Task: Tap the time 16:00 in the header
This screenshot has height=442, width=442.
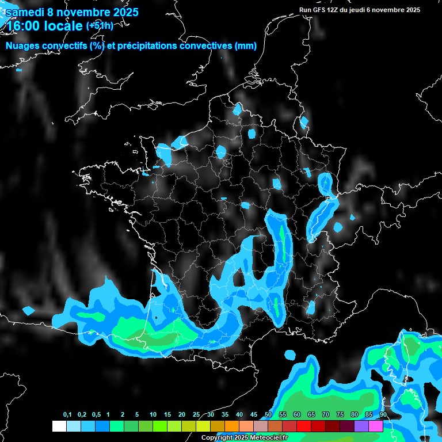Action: pos(21,26)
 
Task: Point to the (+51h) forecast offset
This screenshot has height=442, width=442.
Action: pos(100,25)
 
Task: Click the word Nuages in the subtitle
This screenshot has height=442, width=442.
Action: pos(22,46)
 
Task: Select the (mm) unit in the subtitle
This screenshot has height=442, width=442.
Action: pos(246,46)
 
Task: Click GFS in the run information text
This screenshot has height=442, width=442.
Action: pos(318,10)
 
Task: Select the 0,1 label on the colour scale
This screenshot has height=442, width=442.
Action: pos(67,415)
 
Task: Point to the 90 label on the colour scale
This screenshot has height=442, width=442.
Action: pos(383,415)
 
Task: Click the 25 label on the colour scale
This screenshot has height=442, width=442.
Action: pos(196,415)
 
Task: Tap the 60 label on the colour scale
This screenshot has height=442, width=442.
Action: pos(297,415)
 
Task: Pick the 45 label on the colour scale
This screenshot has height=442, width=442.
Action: pos(254,415)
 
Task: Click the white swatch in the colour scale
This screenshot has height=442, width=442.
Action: pos(59,426)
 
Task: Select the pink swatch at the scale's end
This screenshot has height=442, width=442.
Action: pos(375,426)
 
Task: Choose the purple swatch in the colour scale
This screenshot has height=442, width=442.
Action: pos(361,426)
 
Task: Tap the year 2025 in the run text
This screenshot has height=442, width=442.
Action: pos(412,10)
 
